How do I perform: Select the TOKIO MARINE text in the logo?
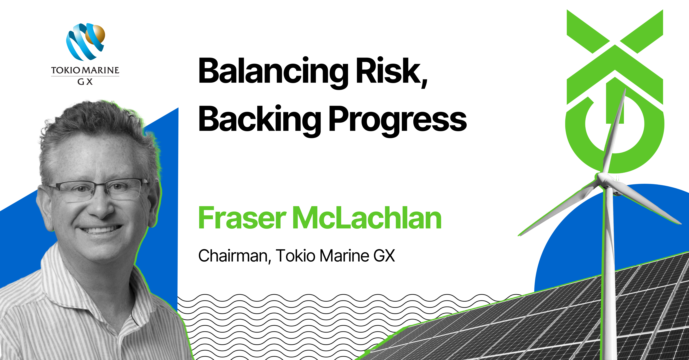pyautogui.click(x=85, y=70)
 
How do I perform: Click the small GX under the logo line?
pyautogui.click(x=85, y=82)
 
